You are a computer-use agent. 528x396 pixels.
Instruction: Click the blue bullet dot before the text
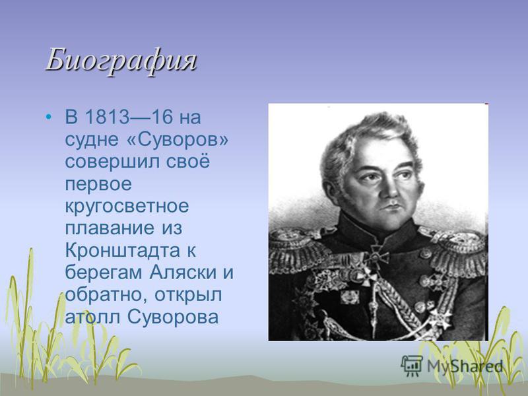point(49,117)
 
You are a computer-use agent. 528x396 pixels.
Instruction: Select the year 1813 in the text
point(107,117)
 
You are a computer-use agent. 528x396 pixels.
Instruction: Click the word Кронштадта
point(123,251)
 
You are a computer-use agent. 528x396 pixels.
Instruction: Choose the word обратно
point(106,295)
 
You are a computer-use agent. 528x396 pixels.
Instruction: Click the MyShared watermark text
point(465,366)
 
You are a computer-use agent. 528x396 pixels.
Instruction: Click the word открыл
point(188,296)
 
